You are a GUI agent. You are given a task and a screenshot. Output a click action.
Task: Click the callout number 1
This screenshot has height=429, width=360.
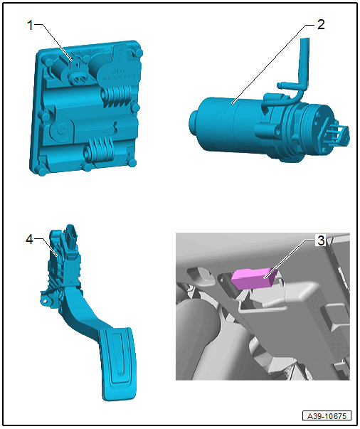(30, 26)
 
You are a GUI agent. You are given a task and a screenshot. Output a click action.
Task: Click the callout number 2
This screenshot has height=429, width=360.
(321, 25)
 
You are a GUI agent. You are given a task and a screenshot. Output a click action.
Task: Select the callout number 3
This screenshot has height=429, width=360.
(321, 240)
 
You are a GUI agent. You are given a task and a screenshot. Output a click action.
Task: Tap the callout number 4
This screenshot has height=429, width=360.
(30, 239)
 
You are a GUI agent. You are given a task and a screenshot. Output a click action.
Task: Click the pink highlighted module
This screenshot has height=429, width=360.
(254, 279)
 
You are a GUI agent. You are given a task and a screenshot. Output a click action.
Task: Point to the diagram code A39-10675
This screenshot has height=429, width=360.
(327, 416)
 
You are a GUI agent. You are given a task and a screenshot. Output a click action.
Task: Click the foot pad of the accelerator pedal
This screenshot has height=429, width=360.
(117, 364)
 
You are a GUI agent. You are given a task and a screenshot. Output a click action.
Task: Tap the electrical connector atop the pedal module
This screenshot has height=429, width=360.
(70, 238)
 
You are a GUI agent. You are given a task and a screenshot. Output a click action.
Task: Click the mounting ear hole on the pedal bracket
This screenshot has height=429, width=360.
(45, 300)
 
